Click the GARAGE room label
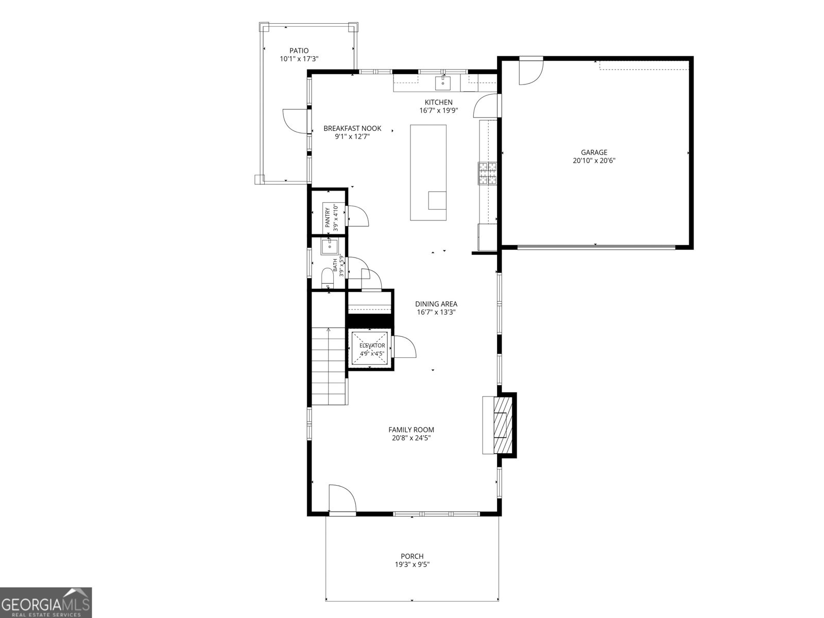(594, 152)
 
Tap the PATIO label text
(299, 50)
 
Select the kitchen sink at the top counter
(443, 83)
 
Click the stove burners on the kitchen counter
(487, 173)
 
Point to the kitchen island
(428, 173)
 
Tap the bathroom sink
(329, 247)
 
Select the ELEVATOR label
(372, 346)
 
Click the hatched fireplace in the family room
(503, 425)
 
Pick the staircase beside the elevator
(329, 366)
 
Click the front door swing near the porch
(342, 497)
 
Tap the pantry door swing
(358, 216)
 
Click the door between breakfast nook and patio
(296, 121)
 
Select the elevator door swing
(404, 347)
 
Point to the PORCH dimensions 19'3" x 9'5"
(412, 575)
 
